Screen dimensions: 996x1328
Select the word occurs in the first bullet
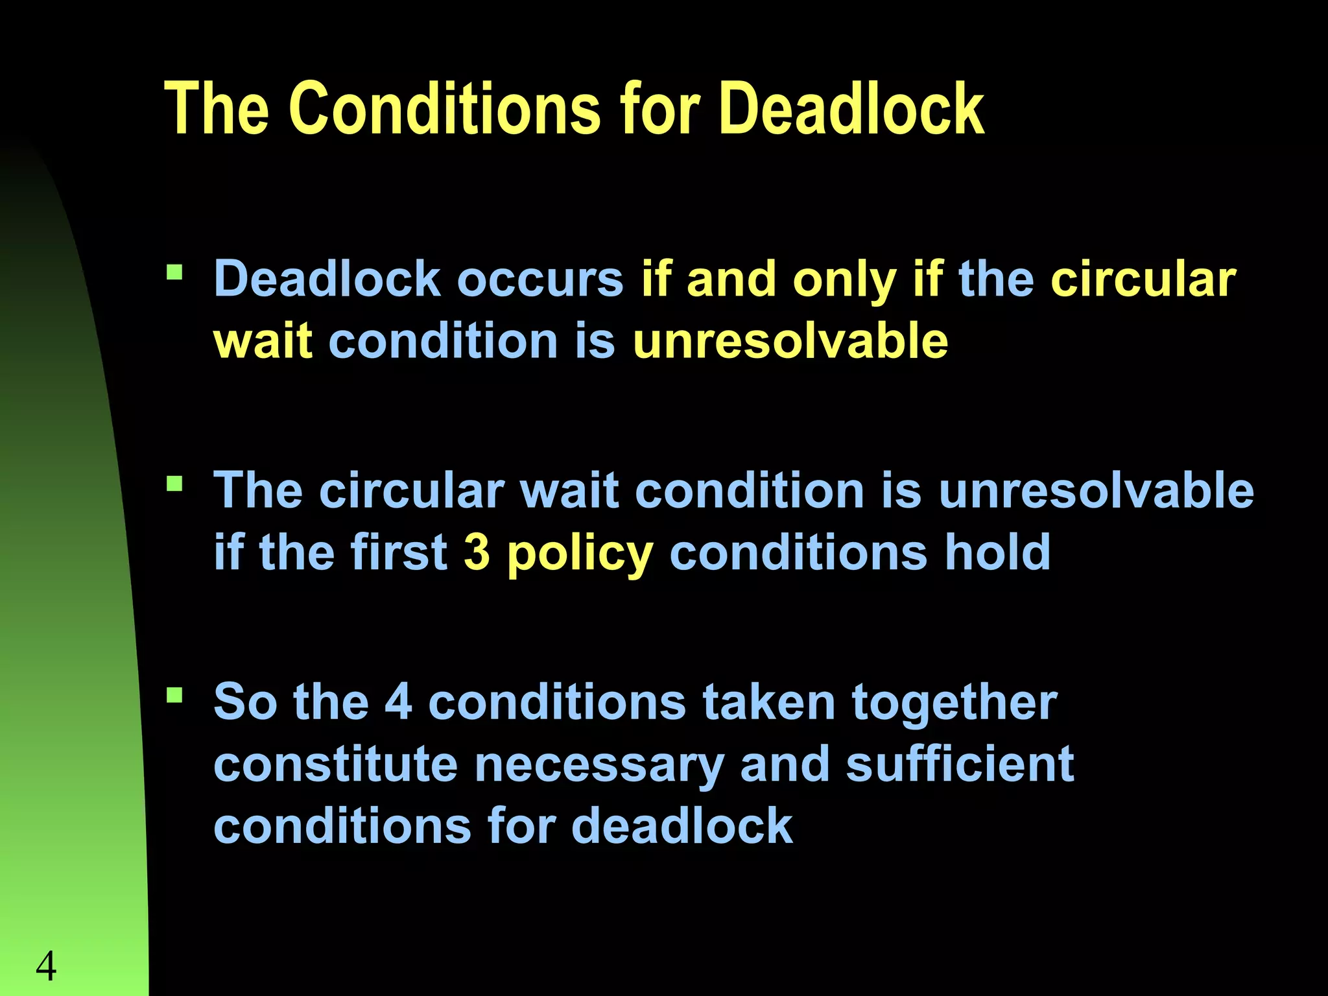point(540,279)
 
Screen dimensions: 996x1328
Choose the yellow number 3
point(477,552)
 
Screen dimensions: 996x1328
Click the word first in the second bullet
point(399,552)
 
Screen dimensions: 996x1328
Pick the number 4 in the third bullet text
point(398,702)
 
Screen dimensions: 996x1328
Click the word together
point(954,703)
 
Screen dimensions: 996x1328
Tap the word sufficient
point(960,764)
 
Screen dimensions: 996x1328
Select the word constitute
point(335,764)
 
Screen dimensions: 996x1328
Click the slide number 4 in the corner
point(46,966)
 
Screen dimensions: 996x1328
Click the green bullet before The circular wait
point(174,483)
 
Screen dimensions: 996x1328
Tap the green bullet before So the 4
point(174,695)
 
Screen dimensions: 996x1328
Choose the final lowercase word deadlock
point(682,825)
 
